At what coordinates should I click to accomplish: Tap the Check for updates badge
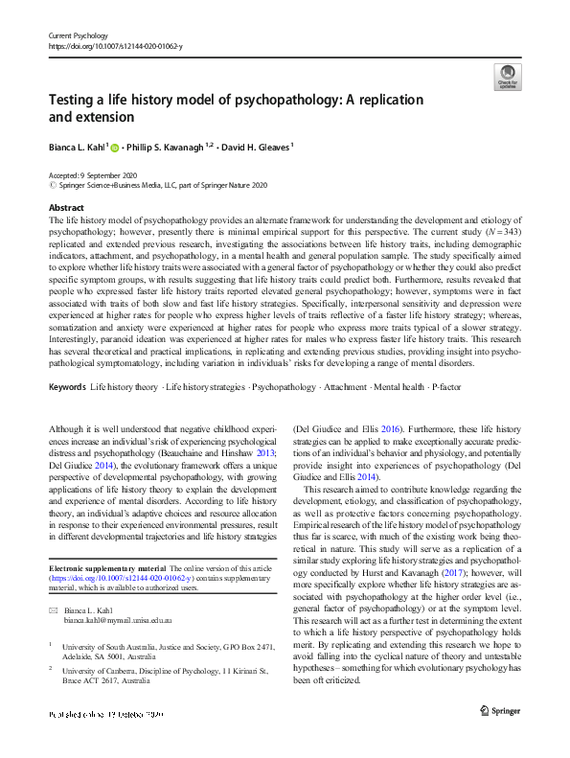[506, 77]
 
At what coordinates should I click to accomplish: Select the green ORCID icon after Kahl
[115, 149]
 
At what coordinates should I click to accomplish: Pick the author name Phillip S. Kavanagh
[168, 149]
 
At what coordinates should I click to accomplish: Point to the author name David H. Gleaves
[254, 149]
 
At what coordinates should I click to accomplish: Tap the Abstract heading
[65, 208]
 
